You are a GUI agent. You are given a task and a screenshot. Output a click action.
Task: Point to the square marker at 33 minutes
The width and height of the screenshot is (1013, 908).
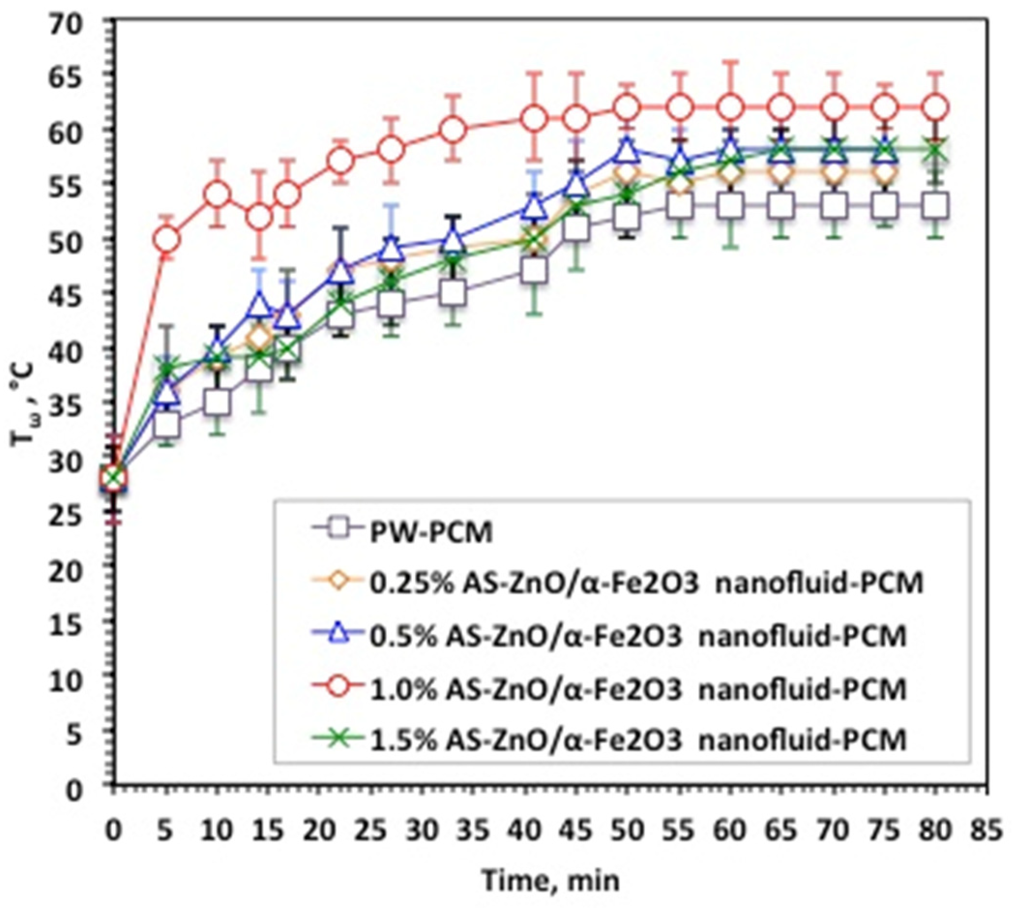(x=453, y=293)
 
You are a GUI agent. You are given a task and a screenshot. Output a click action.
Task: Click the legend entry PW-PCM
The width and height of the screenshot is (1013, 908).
(x=431, y=533)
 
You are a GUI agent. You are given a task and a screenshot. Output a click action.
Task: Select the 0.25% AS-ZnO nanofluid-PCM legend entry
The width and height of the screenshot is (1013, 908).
(x=646, y=583)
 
